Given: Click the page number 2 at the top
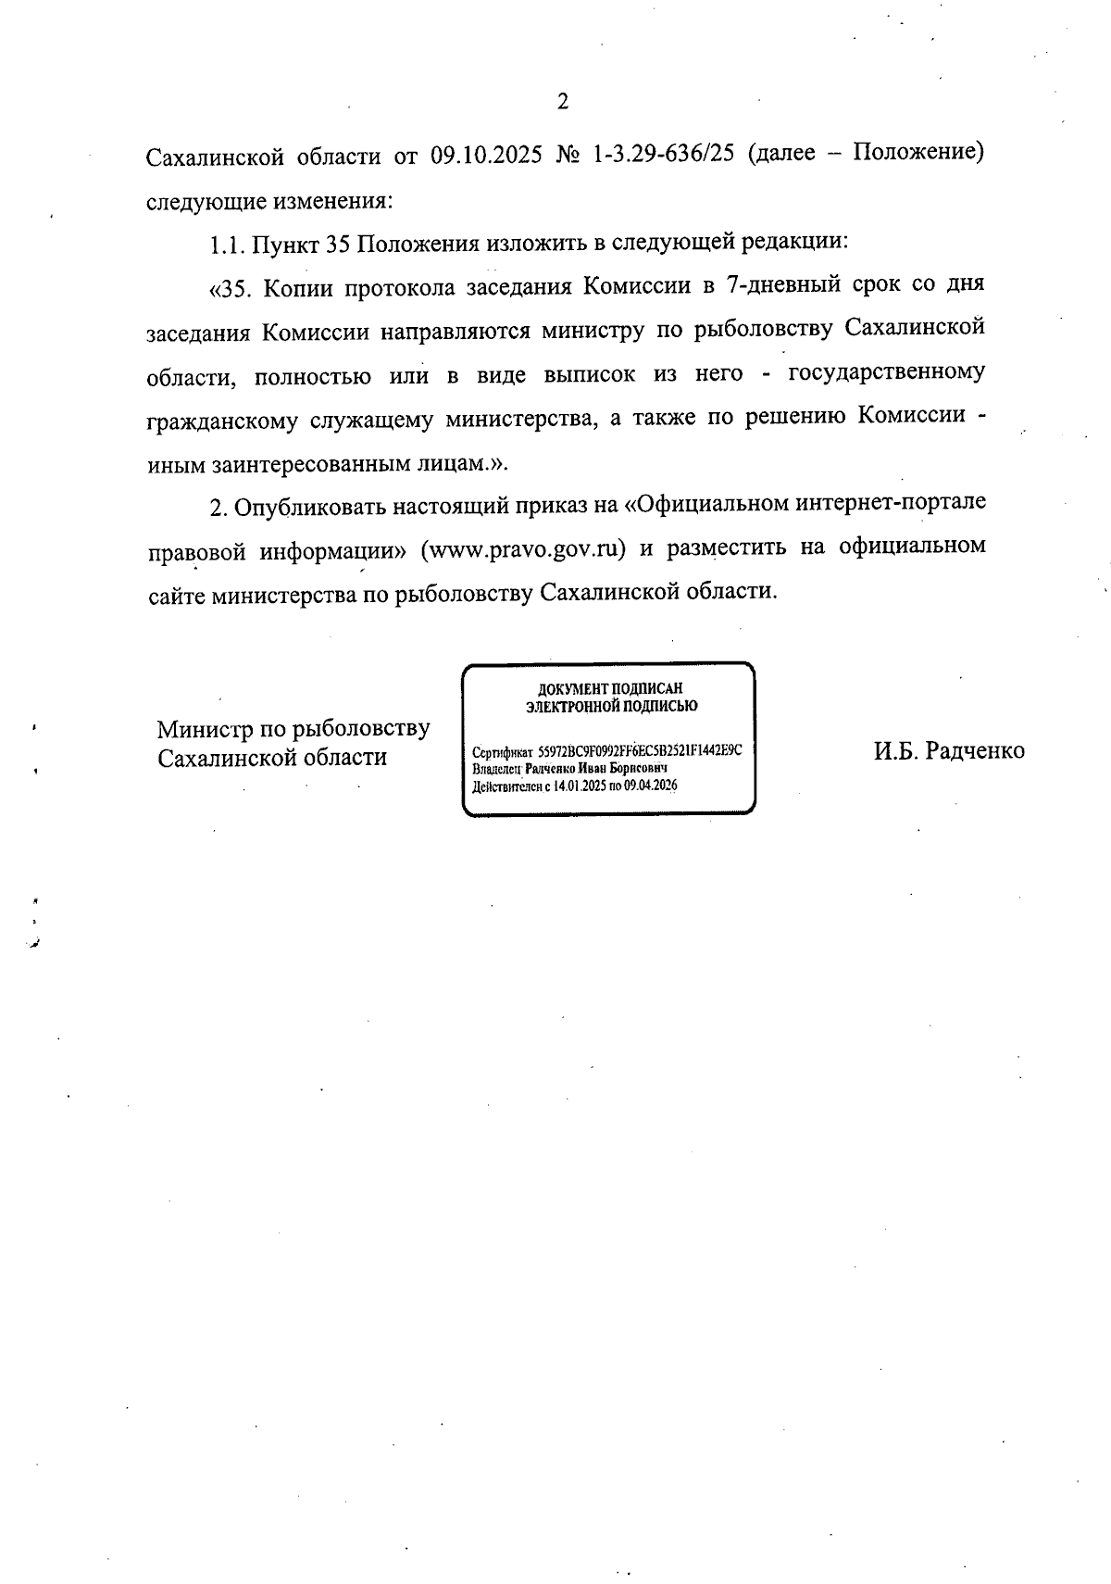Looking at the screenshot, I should (x=562, y=103).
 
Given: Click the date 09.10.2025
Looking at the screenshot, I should (x=487, y=154).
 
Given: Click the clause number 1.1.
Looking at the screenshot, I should (x=225, y=244).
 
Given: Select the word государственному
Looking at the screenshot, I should (x=885, y=374).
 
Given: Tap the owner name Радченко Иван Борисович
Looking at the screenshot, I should (x=596, y=769).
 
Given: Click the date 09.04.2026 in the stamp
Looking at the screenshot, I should (x=651, y=786).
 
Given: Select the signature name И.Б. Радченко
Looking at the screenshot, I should (x=949, y=751).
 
